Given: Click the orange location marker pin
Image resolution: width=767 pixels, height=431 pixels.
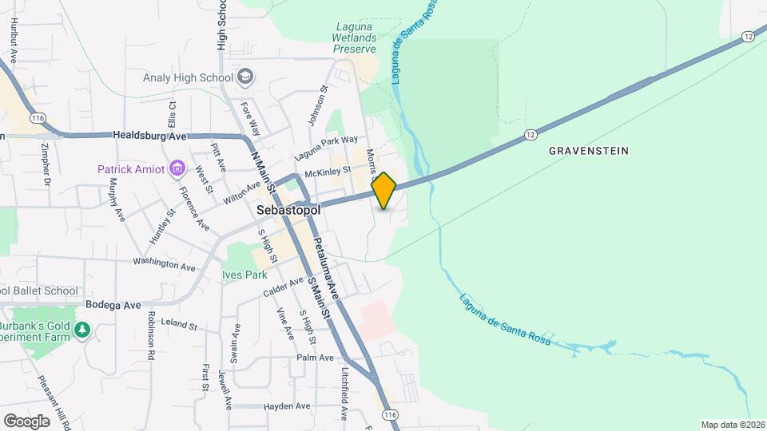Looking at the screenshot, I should tap(383, 191).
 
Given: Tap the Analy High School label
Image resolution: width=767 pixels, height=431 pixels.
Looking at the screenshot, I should tap(188, 77).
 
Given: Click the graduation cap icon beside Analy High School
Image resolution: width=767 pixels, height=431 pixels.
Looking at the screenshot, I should tap(246, 77).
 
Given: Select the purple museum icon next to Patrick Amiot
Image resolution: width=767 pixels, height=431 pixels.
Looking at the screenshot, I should tap(177, 168).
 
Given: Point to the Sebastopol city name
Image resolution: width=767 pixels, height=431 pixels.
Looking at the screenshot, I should tap(288, 210).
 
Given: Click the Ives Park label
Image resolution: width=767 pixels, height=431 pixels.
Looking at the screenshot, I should tap(244, 275).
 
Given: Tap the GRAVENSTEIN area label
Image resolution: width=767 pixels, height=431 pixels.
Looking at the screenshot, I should tap(589, 150).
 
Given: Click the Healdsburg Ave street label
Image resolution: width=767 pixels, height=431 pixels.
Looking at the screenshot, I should tap(149, 136).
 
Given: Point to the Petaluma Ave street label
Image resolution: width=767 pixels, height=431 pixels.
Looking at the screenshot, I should tap(326, 267).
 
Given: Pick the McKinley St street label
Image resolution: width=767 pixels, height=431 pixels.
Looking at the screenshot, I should tap(328, 170).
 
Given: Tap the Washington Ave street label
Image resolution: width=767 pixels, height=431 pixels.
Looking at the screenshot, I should tap(164, 263).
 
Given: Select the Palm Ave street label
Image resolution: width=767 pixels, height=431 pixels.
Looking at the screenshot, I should tap(315, 358).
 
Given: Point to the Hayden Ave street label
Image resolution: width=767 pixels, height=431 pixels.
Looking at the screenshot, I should tap(286, 406).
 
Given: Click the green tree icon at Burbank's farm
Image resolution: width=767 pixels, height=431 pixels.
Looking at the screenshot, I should tap(81, 330).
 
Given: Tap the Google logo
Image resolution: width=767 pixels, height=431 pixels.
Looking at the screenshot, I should tap(26, 421).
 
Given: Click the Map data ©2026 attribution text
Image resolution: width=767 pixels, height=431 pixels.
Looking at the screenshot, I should tap(732, 425).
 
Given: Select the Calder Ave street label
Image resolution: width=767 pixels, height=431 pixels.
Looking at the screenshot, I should tap(284, 288).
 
